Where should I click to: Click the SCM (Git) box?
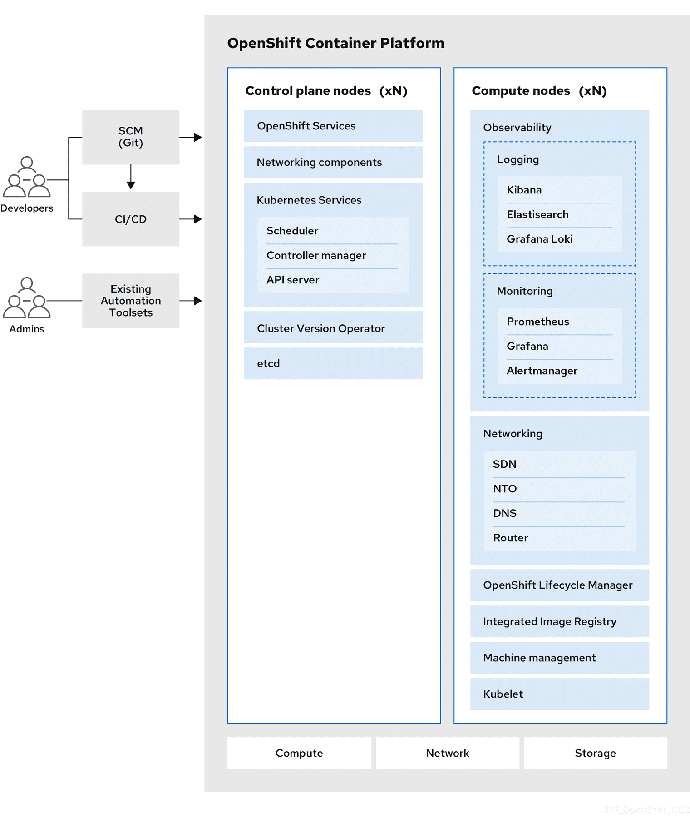130,137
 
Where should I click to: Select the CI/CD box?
130,219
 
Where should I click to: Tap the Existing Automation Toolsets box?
130,300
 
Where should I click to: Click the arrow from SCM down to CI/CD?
131,177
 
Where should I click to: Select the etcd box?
333,363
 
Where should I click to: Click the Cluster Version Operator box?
333,328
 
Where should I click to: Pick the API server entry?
293,280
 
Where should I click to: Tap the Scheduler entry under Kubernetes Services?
292,231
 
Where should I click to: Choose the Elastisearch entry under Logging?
537,214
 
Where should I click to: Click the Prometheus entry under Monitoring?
537,322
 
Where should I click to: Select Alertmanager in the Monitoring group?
542,371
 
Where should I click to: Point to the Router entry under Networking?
510,538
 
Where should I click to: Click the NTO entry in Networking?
505,489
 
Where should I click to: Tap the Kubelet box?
559,694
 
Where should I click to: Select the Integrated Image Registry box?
559,621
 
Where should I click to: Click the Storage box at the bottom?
595,753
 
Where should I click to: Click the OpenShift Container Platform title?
335,43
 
